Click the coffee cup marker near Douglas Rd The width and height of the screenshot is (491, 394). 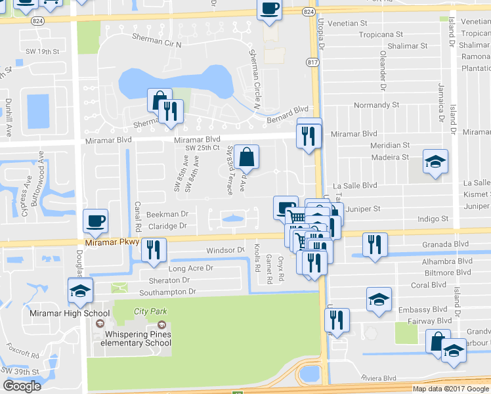[x=96, y=221]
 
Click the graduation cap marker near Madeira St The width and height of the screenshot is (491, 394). [x=435, y=162]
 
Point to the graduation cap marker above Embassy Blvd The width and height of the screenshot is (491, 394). [x=379, y=299]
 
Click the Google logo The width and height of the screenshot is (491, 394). [x=22, y=386]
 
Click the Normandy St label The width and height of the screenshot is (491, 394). [x=376, y=105]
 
